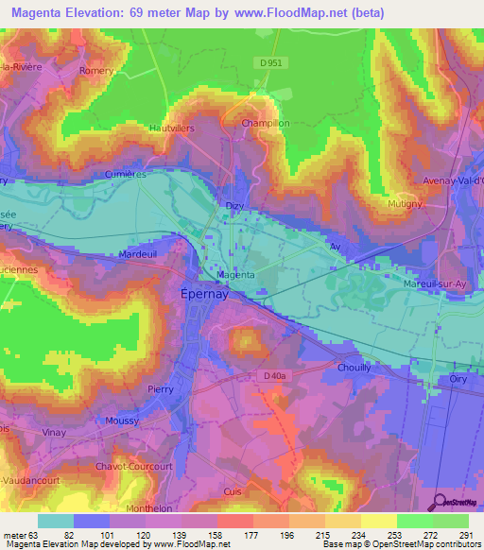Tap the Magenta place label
tap(235, 275)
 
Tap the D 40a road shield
tap(274, 376)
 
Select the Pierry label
tap(162, 388)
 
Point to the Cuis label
tap(233, 491)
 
